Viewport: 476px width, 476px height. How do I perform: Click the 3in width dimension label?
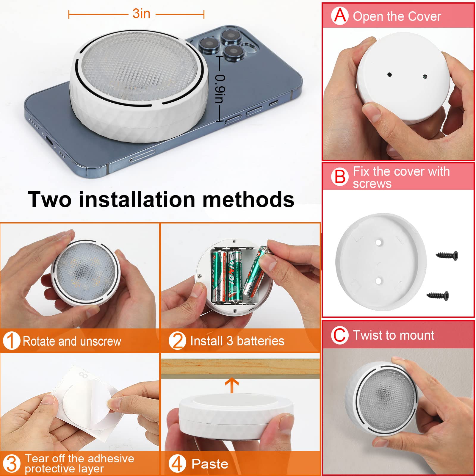point(141,14)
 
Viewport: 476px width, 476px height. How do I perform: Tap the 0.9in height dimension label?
point(220,89)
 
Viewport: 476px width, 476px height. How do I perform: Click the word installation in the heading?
point(137,199)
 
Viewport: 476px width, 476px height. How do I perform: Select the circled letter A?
point(340,16)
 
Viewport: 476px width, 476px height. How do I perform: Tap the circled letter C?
point(339,335)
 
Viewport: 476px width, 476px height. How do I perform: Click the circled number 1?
point(11,341)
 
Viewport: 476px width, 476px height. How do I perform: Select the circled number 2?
point(177,341)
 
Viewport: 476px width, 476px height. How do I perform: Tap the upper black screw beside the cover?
point(447,255)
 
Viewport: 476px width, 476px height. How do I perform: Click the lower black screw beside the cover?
point(438,295)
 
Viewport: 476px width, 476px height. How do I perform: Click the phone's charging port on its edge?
point(49,140)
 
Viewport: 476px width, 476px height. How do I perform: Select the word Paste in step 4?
point(210,464)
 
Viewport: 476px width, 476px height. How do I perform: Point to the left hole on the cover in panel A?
point(389,75)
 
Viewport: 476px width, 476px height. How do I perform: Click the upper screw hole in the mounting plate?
point(378,242)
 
